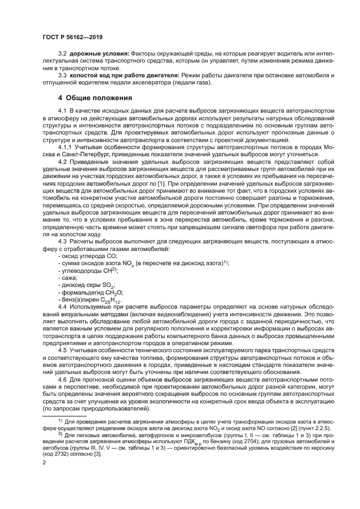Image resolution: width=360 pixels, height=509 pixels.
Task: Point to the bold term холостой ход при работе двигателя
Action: (112, 75)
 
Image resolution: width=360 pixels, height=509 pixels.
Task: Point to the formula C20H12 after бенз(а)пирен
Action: (112, 301)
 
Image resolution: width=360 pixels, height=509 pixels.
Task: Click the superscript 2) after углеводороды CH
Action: (114, 269)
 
